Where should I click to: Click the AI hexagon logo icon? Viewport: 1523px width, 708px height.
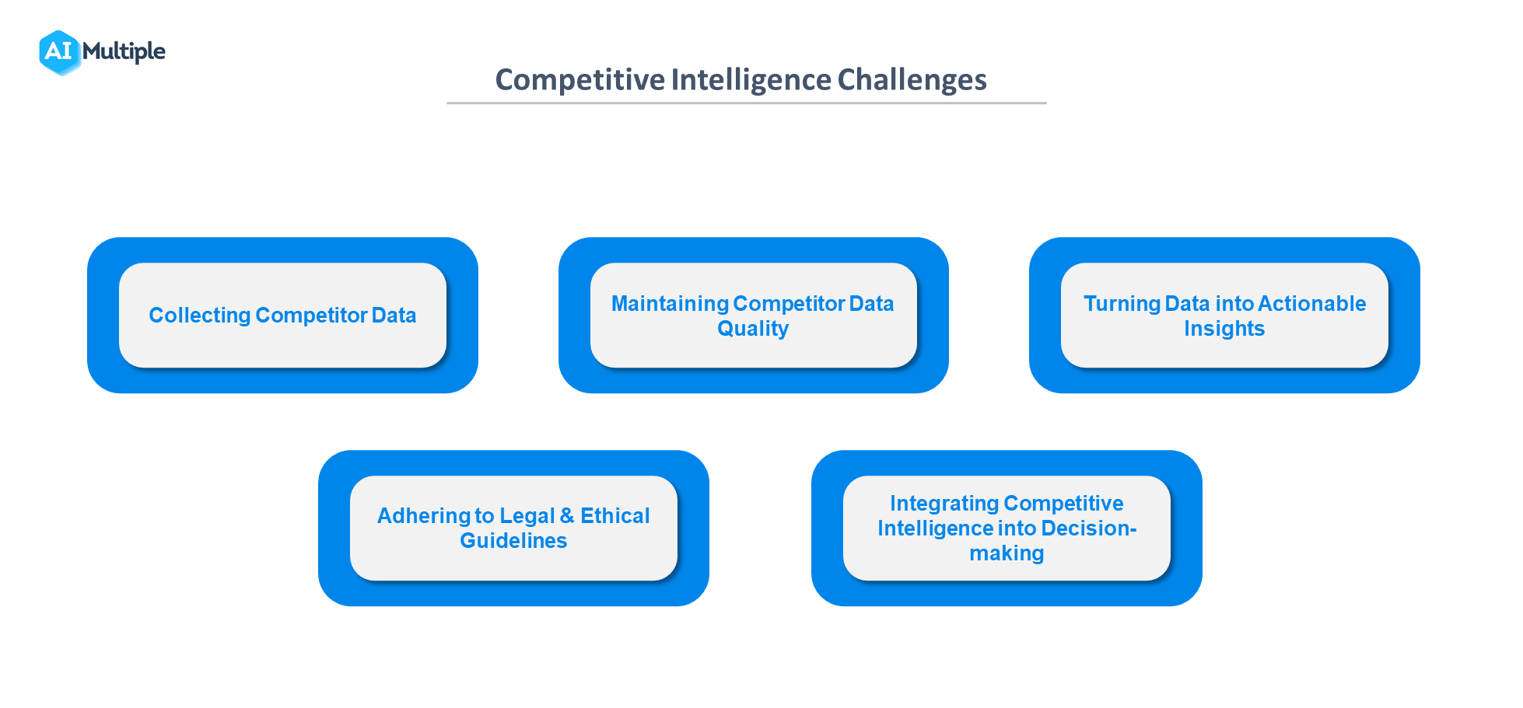coord(59,52)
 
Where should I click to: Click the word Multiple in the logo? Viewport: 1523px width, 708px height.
coord(124,51)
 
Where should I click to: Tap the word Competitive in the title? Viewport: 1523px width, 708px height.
coord(579,80)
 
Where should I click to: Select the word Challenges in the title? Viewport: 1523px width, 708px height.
coord(912,80)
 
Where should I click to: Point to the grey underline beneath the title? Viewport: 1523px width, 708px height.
coord(746,103)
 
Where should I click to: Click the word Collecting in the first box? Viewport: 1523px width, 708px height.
coord(199,316)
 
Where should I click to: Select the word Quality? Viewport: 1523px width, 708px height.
coord(752,329)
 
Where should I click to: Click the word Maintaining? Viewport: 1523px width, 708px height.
coord(670,304)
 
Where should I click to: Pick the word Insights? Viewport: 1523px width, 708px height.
coord(1224,329)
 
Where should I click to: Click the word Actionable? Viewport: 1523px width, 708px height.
coord(1311,304)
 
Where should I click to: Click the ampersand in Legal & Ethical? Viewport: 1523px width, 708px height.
coord(566,516)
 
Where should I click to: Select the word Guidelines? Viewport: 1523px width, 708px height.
coord(513,541)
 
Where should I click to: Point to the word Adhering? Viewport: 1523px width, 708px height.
coord(424,516)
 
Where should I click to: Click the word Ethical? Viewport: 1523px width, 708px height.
coord(614,516)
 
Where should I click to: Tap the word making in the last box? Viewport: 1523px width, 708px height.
coord(1007,553)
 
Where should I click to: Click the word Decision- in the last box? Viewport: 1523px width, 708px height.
coord(1089,528)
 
